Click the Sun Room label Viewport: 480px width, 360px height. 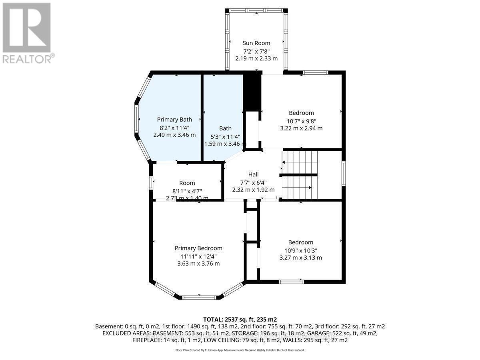[256, 43]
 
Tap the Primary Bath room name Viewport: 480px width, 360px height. [174, 119]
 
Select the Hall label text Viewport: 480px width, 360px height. [253, 174]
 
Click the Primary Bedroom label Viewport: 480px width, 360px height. [198, 248]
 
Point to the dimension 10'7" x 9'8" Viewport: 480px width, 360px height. [301, 121]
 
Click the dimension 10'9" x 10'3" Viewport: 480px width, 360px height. [300, 250]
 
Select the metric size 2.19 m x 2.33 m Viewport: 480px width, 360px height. [256, 58]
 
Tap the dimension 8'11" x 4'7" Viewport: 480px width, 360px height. [187, 190]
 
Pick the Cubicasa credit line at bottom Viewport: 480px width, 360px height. [240, 350]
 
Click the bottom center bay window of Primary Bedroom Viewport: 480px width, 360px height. [199, 297]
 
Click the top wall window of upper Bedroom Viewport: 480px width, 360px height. [315, 73]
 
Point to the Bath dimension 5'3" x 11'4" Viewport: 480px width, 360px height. [225, 136]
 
